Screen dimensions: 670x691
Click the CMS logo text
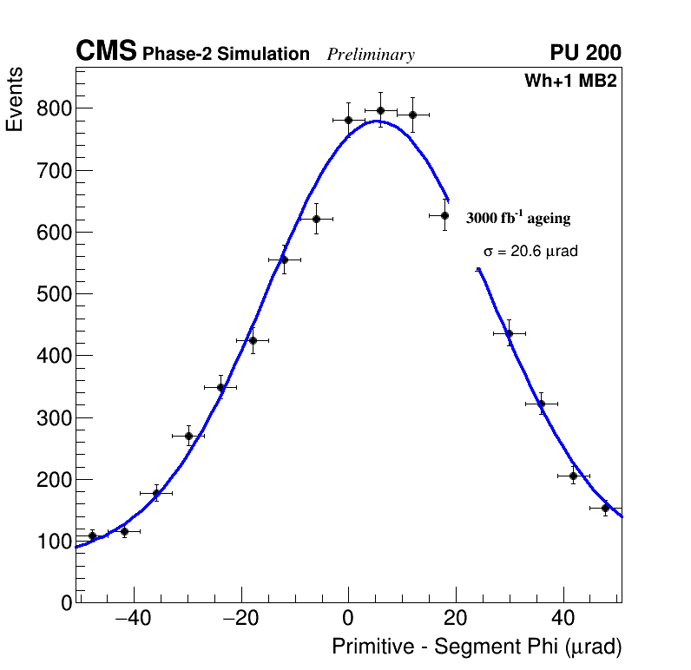(x=106, y=52)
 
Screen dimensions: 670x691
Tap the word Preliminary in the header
(x=371, y=55)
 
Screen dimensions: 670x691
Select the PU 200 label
(x=585, y=53)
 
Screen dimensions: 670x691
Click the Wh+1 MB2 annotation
(x=569, y=82)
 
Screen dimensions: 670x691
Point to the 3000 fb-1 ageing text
(x=518, y=218)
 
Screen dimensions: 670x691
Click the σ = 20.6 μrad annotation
(x=530, y=252)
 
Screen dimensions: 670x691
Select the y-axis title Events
(x=15, y=100)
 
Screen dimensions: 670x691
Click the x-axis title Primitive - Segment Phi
(x=477, y=647)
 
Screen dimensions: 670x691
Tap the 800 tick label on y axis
(x=54, y=108)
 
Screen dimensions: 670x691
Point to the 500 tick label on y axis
(x=54, y=294)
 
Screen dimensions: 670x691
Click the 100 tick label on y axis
(x=54, y=542)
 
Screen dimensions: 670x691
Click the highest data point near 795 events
(x=380, y=110)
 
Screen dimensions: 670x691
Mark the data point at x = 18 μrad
(x=444, y=215)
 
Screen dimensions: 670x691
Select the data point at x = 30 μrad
(x=509, y=333)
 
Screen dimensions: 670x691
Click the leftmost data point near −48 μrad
(x=92, y=535)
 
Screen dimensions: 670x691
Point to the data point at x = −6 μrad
(x=316, y=219)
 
